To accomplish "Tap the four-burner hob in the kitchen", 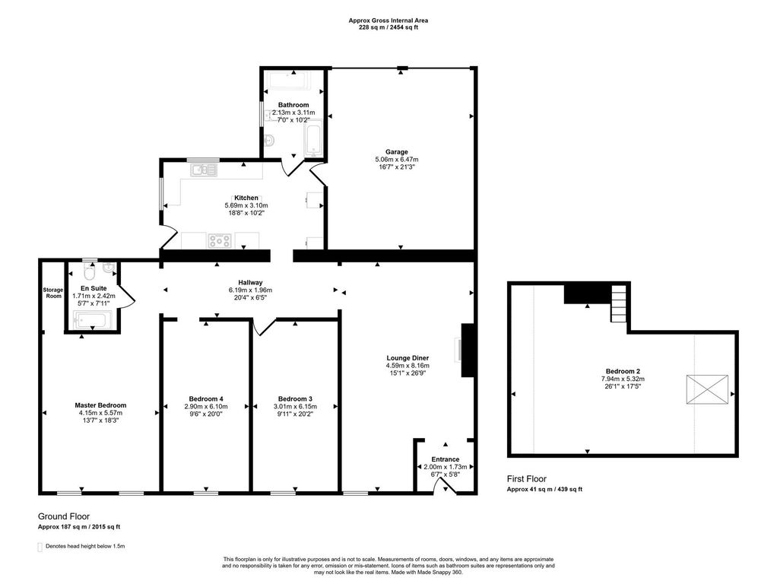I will [x=220, y=241].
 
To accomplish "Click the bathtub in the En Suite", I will [x=93, y=322].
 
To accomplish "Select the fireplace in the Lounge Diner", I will [x=467, y=350].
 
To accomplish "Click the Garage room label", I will [x=396, y=151].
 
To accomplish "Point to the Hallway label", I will [x=250, y=282].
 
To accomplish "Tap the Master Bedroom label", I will [x=100, y=405].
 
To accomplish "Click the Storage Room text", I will [x=52, y=293].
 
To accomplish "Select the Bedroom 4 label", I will [x=206, y=399].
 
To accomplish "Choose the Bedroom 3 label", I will [x=295, y=399].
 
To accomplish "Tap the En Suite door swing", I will [x=128, y=295].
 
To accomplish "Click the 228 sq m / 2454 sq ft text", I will [x=388, y=27].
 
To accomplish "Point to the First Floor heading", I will [x=527, y=479].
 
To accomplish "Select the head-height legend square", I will [x=40, y=546].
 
